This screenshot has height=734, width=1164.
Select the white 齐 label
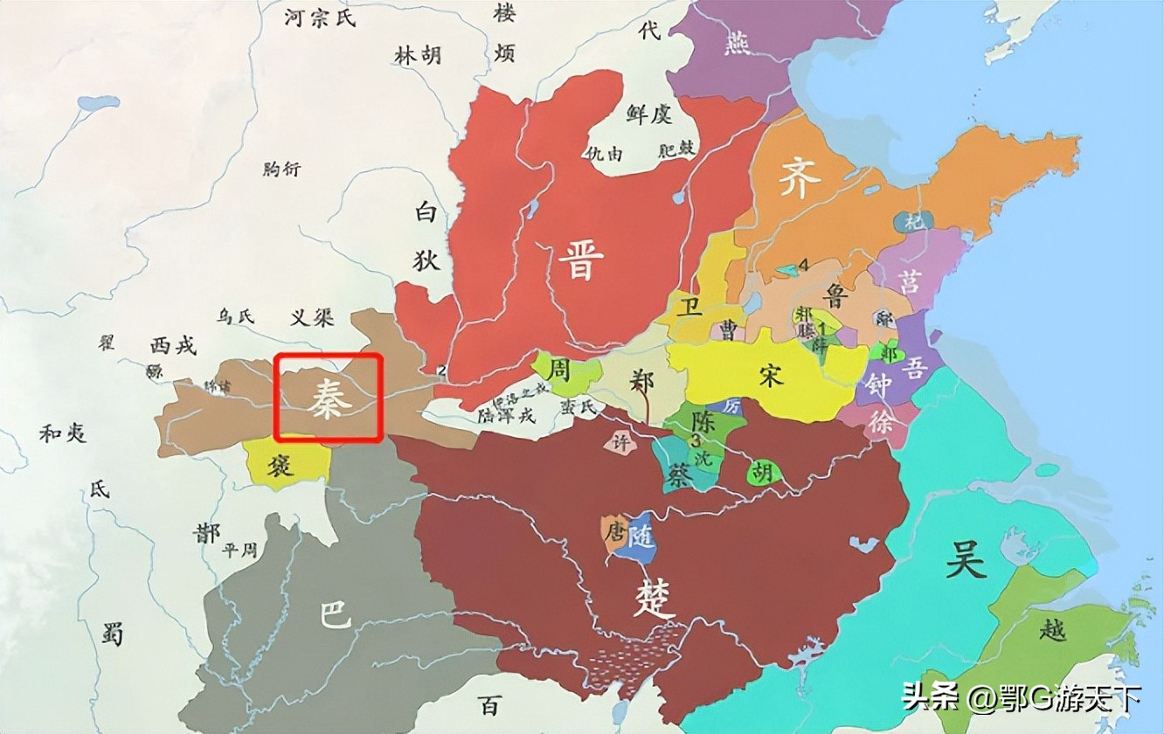tap(800, 179)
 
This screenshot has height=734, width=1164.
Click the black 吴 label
tap(966, 559)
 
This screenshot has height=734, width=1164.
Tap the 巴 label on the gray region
tap(335, 617)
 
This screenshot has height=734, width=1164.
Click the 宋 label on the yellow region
tap(771, 377)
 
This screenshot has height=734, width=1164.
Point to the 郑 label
tap(642, 383)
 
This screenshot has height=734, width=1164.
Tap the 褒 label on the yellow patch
tap(281, 465)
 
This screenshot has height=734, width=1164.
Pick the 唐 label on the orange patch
tap(616, 530)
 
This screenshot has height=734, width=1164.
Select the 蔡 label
tap(678, 473)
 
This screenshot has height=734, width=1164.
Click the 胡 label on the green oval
tap(763, 473)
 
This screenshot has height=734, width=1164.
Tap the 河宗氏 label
tap(321, 17)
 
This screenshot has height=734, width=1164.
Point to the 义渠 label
tap(312, 317)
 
